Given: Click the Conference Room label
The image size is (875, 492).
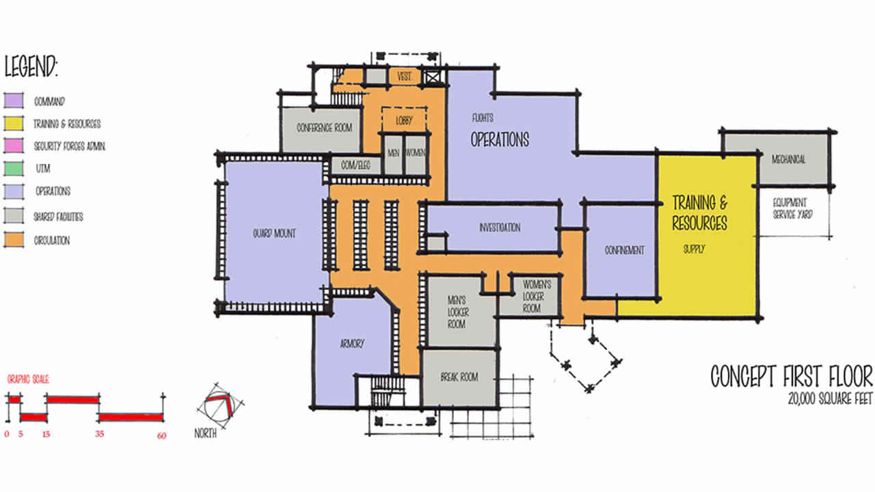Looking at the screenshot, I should (x=324, y=128).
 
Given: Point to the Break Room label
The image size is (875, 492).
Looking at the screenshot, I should (x=459, y=377).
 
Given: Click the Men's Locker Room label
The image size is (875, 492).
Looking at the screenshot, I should (x=456, y=312).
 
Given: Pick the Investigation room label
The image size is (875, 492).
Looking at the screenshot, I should (x=500, y=228).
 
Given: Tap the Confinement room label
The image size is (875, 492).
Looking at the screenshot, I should (x=624, y=250).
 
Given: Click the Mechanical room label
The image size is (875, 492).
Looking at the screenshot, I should (x=788, y=160).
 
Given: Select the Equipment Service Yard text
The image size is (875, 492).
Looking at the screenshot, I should (x=790, y=208).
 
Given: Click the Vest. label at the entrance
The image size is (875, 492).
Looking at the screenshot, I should (x=404, y=77).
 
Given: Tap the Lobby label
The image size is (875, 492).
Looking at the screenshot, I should (x=404, y=120).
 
